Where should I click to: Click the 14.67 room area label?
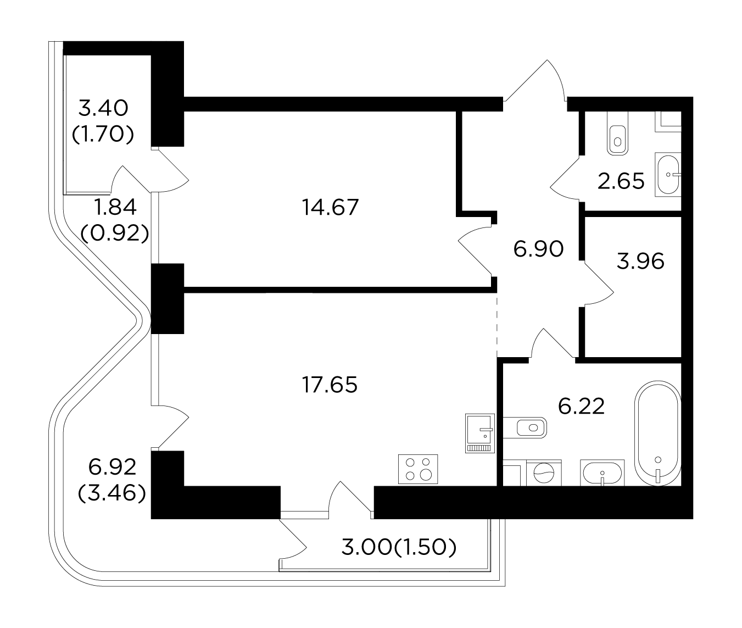point(330,207)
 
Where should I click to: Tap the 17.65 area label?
point(330,385)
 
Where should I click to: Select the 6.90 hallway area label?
point(538,249)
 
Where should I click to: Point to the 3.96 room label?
point(640,261)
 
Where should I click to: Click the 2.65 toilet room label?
point(621,181)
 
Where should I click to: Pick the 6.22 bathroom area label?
point(581,406)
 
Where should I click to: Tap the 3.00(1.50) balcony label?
point(399,548)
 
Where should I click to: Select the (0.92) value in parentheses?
point(114,234)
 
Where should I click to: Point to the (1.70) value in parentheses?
point(103,134)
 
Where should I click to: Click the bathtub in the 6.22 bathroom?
point(657,434)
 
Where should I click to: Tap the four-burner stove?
point(418,469)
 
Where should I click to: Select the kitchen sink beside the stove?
point(480,433)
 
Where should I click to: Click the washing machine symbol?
point(544,473)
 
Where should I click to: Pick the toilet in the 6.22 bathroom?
point(525,427)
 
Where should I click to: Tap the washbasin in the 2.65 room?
point(668,175)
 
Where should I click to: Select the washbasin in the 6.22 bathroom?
point(602,473)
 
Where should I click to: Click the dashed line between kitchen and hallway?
point(497,325)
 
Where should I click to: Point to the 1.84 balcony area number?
point(114,207)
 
